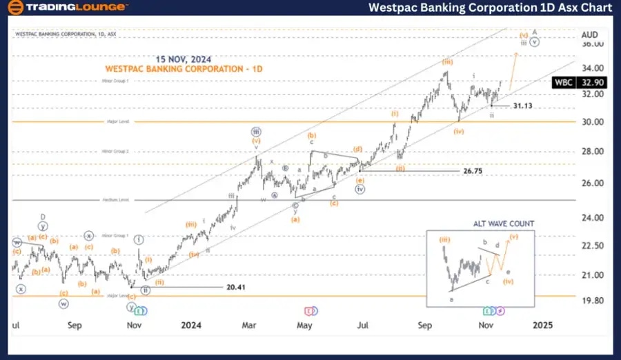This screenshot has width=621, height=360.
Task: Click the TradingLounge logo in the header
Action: click(x=67, y=8)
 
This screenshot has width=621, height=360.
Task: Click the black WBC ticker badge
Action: click(x=564, y=82)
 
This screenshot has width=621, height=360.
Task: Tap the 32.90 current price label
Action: click(x=593, y=82)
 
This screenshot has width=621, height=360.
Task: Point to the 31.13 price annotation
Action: click(x=525, y=106)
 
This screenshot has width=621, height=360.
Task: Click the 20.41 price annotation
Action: click(x=236, y=286)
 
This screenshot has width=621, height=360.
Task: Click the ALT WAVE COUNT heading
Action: click(x=503, y=223)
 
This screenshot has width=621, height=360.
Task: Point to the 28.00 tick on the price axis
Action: click(x=591, y=152)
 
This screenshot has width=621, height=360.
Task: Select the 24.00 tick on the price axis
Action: click(x=591, y=217)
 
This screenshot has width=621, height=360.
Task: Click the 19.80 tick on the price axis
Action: click(x=591, y=301)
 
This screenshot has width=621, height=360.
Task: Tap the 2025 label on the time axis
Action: click(x=542, y=324)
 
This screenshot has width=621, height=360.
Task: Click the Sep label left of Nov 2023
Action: click(x=75, y=324)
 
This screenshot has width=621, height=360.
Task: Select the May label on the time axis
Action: click(x=305, y=324)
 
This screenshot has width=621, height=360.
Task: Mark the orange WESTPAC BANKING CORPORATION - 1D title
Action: click(x=184, y=70)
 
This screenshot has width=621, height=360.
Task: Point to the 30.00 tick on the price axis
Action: click(x=591, y=122)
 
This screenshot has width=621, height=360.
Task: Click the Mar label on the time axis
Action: click(x=249, y=324)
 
